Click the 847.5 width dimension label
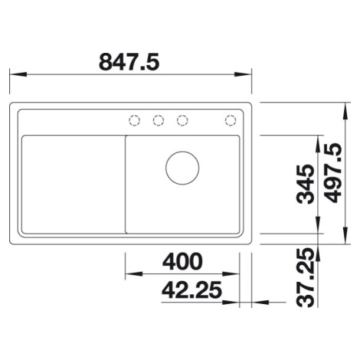129,62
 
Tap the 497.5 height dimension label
332,173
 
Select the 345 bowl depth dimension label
305,184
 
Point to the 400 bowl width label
182,262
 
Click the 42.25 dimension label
191,290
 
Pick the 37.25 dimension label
305,277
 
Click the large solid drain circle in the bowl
182,168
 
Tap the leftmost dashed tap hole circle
134,120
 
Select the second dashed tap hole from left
159,120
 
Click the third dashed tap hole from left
182,120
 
